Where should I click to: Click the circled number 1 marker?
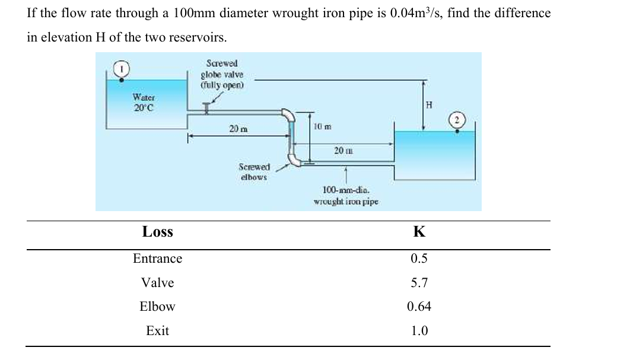click(x=122, y=69)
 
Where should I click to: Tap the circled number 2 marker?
click(x=457, y=121)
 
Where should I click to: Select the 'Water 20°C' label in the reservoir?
click(x=144, y=102)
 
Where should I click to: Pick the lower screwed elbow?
click(x=293, y=160)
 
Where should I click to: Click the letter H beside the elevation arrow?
click(x=430, y=105)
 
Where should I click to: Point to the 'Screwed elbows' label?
click(x=254, y=172)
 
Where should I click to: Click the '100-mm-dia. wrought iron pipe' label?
click(x=346, y=196)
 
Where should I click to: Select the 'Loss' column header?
click(x=158, y=232)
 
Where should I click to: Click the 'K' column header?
click(x=419, y=232)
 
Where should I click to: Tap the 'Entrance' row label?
click(x=158, y=259)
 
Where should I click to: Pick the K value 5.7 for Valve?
click(x=419, y=283)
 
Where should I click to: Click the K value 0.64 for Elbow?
click(x=419, y=307)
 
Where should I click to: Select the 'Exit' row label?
click(x=158, y=331)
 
